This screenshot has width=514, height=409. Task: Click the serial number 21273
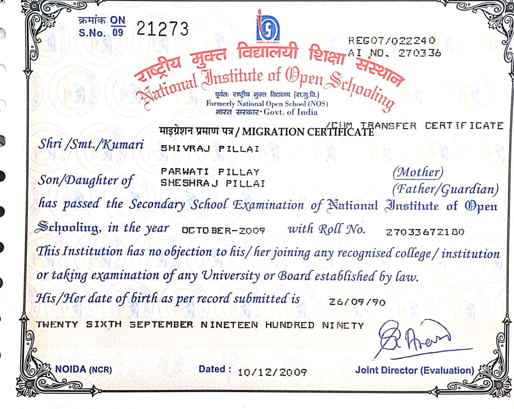[162, 29]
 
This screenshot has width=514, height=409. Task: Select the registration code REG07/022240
[392, 40]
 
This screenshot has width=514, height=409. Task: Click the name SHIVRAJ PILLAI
[210, 149]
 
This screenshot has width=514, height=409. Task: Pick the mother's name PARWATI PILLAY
[210, 172]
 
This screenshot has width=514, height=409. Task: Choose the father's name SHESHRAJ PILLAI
[213, 183]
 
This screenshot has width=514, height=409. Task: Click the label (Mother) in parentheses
[418, 172]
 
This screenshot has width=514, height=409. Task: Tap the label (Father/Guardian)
[445, 189]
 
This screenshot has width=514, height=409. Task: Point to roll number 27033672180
[425, 232]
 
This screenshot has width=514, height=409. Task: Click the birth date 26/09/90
[357, 302]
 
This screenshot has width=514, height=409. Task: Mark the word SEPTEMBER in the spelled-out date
[161, 324]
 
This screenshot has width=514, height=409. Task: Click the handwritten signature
[414, 337]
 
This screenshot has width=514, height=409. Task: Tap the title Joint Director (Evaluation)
[414, 371]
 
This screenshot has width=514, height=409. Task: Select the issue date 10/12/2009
[272, 373]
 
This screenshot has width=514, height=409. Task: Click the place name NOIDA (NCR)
[84, 369]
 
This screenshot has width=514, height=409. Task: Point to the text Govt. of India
[290, 112]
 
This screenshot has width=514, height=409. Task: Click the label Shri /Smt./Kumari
[91, 144]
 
